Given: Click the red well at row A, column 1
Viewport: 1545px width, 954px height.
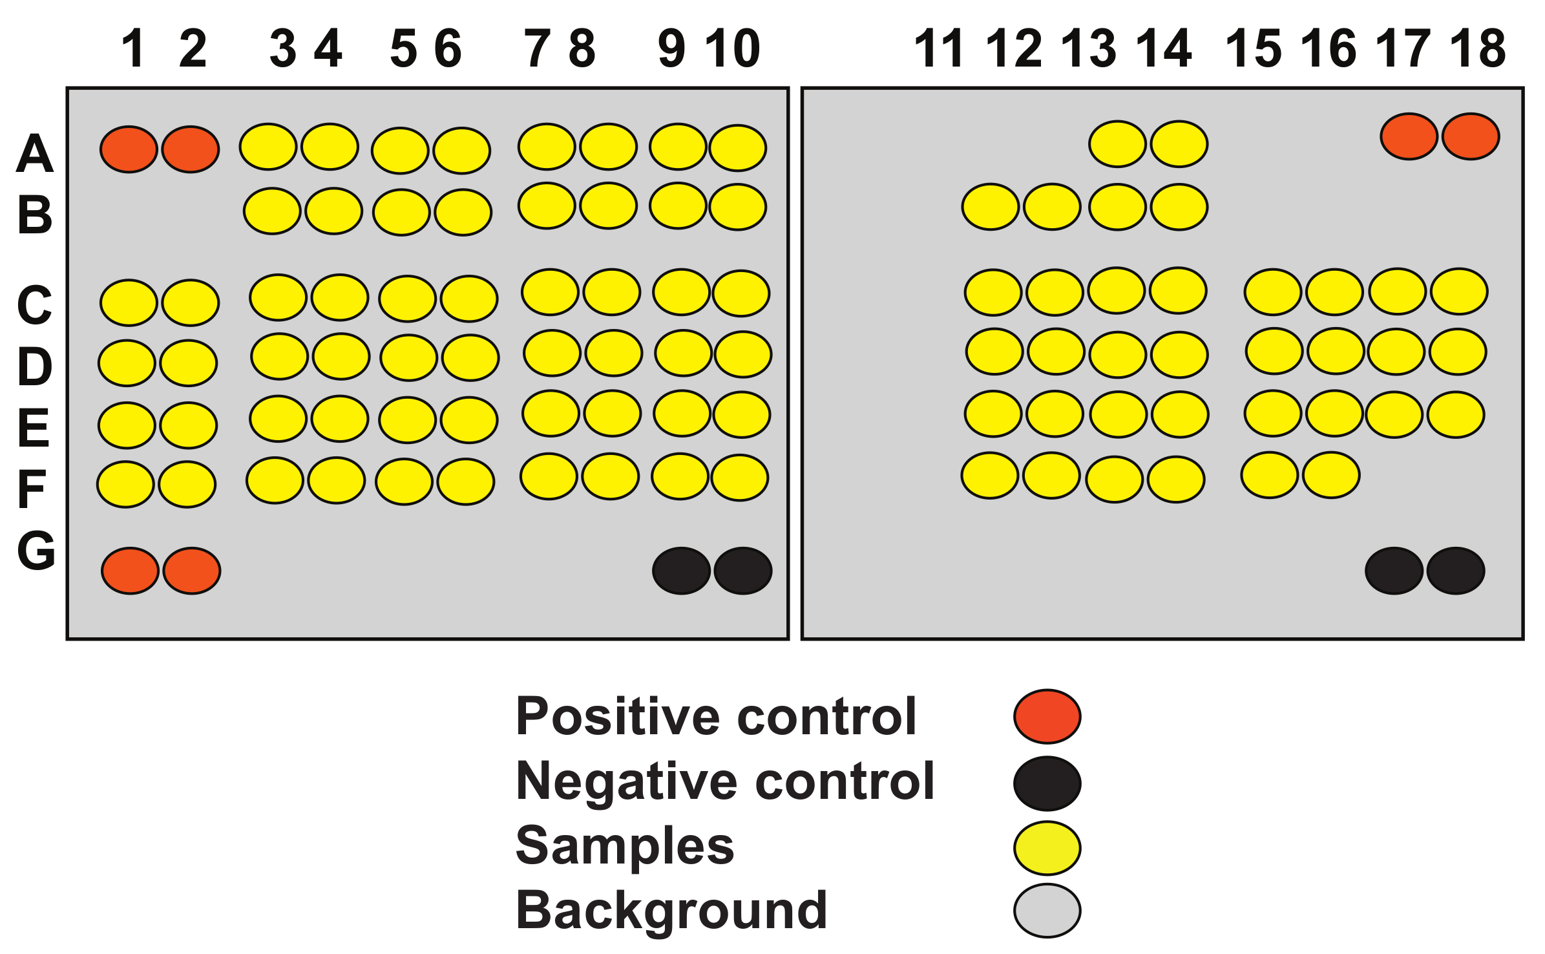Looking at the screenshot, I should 129,149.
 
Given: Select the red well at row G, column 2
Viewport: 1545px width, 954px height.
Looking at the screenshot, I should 192,571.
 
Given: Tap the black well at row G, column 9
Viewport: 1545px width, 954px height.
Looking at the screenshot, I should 681,571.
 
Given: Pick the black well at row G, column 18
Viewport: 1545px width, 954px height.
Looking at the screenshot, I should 1455,571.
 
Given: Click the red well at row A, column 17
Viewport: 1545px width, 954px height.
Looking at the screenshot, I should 1409,136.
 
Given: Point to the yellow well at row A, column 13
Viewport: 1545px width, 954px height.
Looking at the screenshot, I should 1117,143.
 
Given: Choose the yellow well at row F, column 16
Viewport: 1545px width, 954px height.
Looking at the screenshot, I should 1331,475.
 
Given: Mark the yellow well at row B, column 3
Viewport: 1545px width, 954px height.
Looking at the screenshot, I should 272,211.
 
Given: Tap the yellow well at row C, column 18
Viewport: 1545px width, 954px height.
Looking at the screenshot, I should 1459,291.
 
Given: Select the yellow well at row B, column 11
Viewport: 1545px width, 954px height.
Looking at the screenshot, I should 991,207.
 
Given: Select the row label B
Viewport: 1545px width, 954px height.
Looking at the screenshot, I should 35,215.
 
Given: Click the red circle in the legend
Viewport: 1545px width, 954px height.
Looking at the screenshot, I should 1047,716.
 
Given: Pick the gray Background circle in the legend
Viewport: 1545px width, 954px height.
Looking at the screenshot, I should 1047,910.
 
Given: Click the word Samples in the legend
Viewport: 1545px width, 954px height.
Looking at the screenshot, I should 625,845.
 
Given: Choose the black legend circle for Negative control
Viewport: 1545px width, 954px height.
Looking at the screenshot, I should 1047,783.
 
